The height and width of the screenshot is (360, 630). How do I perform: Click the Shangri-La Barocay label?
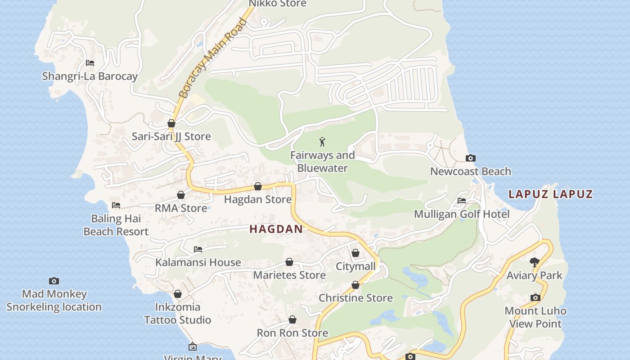90,76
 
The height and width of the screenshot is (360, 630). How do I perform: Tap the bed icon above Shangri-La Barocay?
90,63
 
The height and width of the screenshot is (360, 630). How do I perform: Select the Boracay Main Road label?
213,58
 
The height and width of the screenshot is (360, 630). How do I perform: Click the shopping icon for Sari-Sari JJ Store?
171,123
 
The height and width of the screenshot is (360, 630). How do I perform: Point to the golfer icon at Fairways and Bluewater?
322,142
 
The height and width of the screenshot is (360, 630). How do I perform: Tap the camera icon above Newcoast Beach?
470,158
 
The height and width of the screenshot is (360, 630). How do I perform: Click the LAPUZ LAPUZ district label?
550,194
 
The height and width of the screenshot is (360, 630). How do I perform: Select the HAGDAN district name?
276,229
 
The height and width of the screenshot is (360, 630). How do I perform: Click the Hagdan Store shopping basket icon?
258,186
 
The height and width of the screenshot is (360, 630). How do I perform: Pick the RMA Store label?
181,208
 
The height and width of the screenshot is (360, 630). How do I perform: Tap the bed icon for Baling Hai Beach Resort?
116,205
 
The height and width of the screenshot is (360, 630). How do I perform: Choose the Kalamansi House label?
198,262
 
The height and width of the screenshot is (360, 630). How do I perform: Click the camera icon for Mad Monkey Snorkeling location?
54,281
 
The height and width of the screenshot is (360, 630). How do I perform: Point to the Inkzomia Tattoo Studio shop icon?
178,294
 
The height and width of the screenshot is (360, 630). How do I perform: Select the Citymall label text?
355,266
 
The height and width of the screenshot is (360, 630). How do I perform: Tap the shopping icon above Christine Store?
355,285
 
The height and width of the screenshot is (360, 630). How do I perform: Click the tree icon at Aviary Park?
534,262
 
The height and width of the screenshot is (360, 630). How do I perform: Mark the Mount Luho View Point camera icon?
535,297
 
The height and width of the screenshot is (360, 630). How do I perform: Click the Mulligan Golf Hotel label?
462,214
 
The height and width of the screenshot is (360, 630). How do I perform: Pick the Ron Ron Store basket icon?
292,319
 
